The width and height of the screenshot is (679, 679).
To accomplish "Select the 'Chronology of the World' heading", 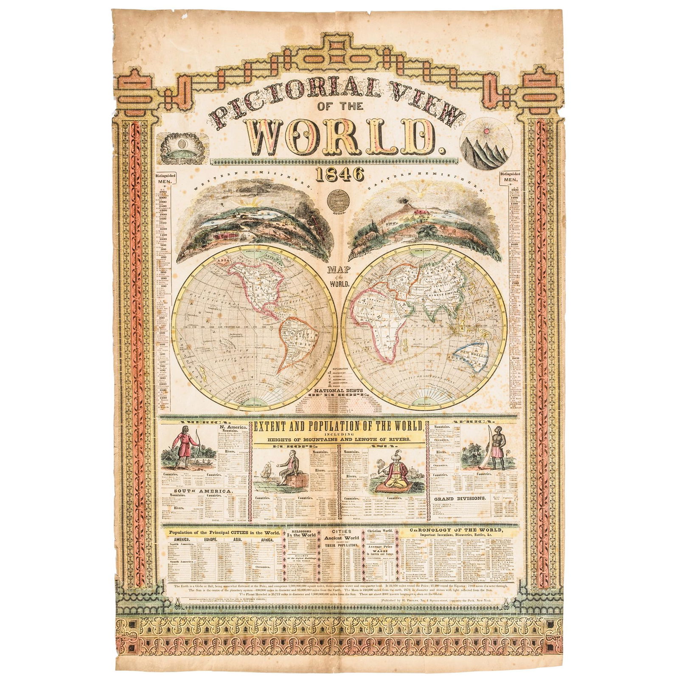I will (x=462, y=531).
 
